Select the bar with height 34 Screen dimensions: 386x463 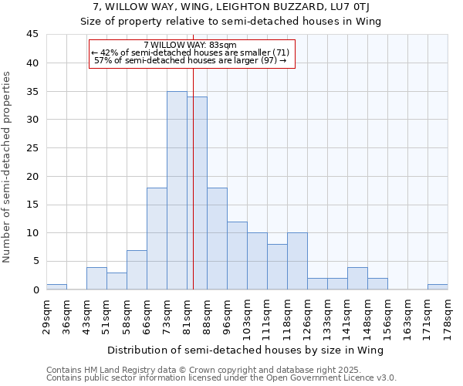(197, 193)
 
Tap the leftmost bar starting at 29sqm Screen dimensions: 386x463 (56, 287)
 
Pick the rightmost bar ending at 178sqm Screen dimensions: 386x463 (438, 287)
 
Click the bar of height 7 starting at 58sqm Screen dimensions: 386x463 (137, 270)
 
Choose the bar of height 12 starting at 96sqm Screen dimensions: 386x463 (237, 256)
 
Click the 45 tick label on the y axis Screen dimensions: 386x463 (32, 35)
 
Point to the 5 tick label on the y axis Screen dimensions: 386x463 (35, 261)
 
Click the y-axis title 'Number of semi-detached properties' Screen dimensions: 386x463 (8, 167)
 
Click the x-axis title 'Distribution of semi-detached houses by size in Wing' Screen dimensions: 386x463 (246, 350)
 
